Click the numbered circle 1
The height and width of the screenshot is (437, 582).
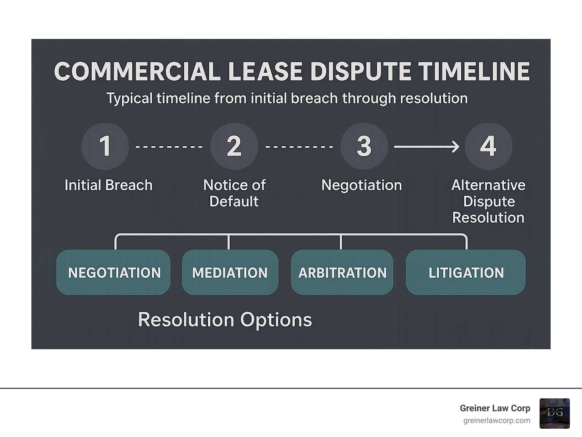(x=105, y=146)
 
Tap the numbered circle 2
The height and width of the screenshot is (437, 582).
(x=234, y=146)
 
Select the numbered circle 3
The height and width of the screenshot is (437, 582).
(x=364, y=146)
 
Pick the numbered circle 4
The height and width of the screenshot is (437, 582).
(x=488, y=146)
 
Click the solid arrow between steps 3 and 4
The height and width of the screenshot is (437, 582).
(x=427, y=147)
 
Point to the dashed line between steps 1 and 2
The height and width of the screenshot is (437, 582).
(x=169, y=147)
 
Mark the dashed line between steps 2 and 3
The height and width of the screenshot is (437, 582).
(x=299, y=147)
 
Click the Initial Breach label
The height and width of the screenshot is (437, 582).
(x=108, y=185)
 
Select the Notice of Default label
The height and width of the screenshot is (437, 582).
(x=234, y=193)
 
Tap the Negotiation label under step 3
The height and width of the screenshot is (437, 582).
(x=361, y=185)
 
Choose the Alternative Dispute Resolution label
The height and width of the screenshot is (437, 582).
(x=488, y=201)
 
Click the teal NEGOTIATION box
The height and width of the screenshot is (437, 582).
(x=113, y=272)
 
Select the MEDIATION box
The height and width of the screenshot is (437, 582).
(x=230, y=272)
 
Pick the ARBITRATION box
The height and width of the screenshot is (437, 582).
(x=342, y=272)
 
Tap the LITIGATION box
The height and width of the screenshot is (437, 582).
(x=466, y=272)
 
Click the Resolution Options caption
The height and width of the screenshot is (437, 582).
(x=225, y=320)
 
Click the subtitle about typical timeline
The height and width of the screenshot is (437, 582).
(x=287, y=98)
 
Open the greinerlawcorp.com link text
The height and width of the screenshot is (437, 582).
(x=496, y=420)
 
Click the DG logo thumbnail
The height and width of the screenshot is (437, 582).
(x=554, y=413)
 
